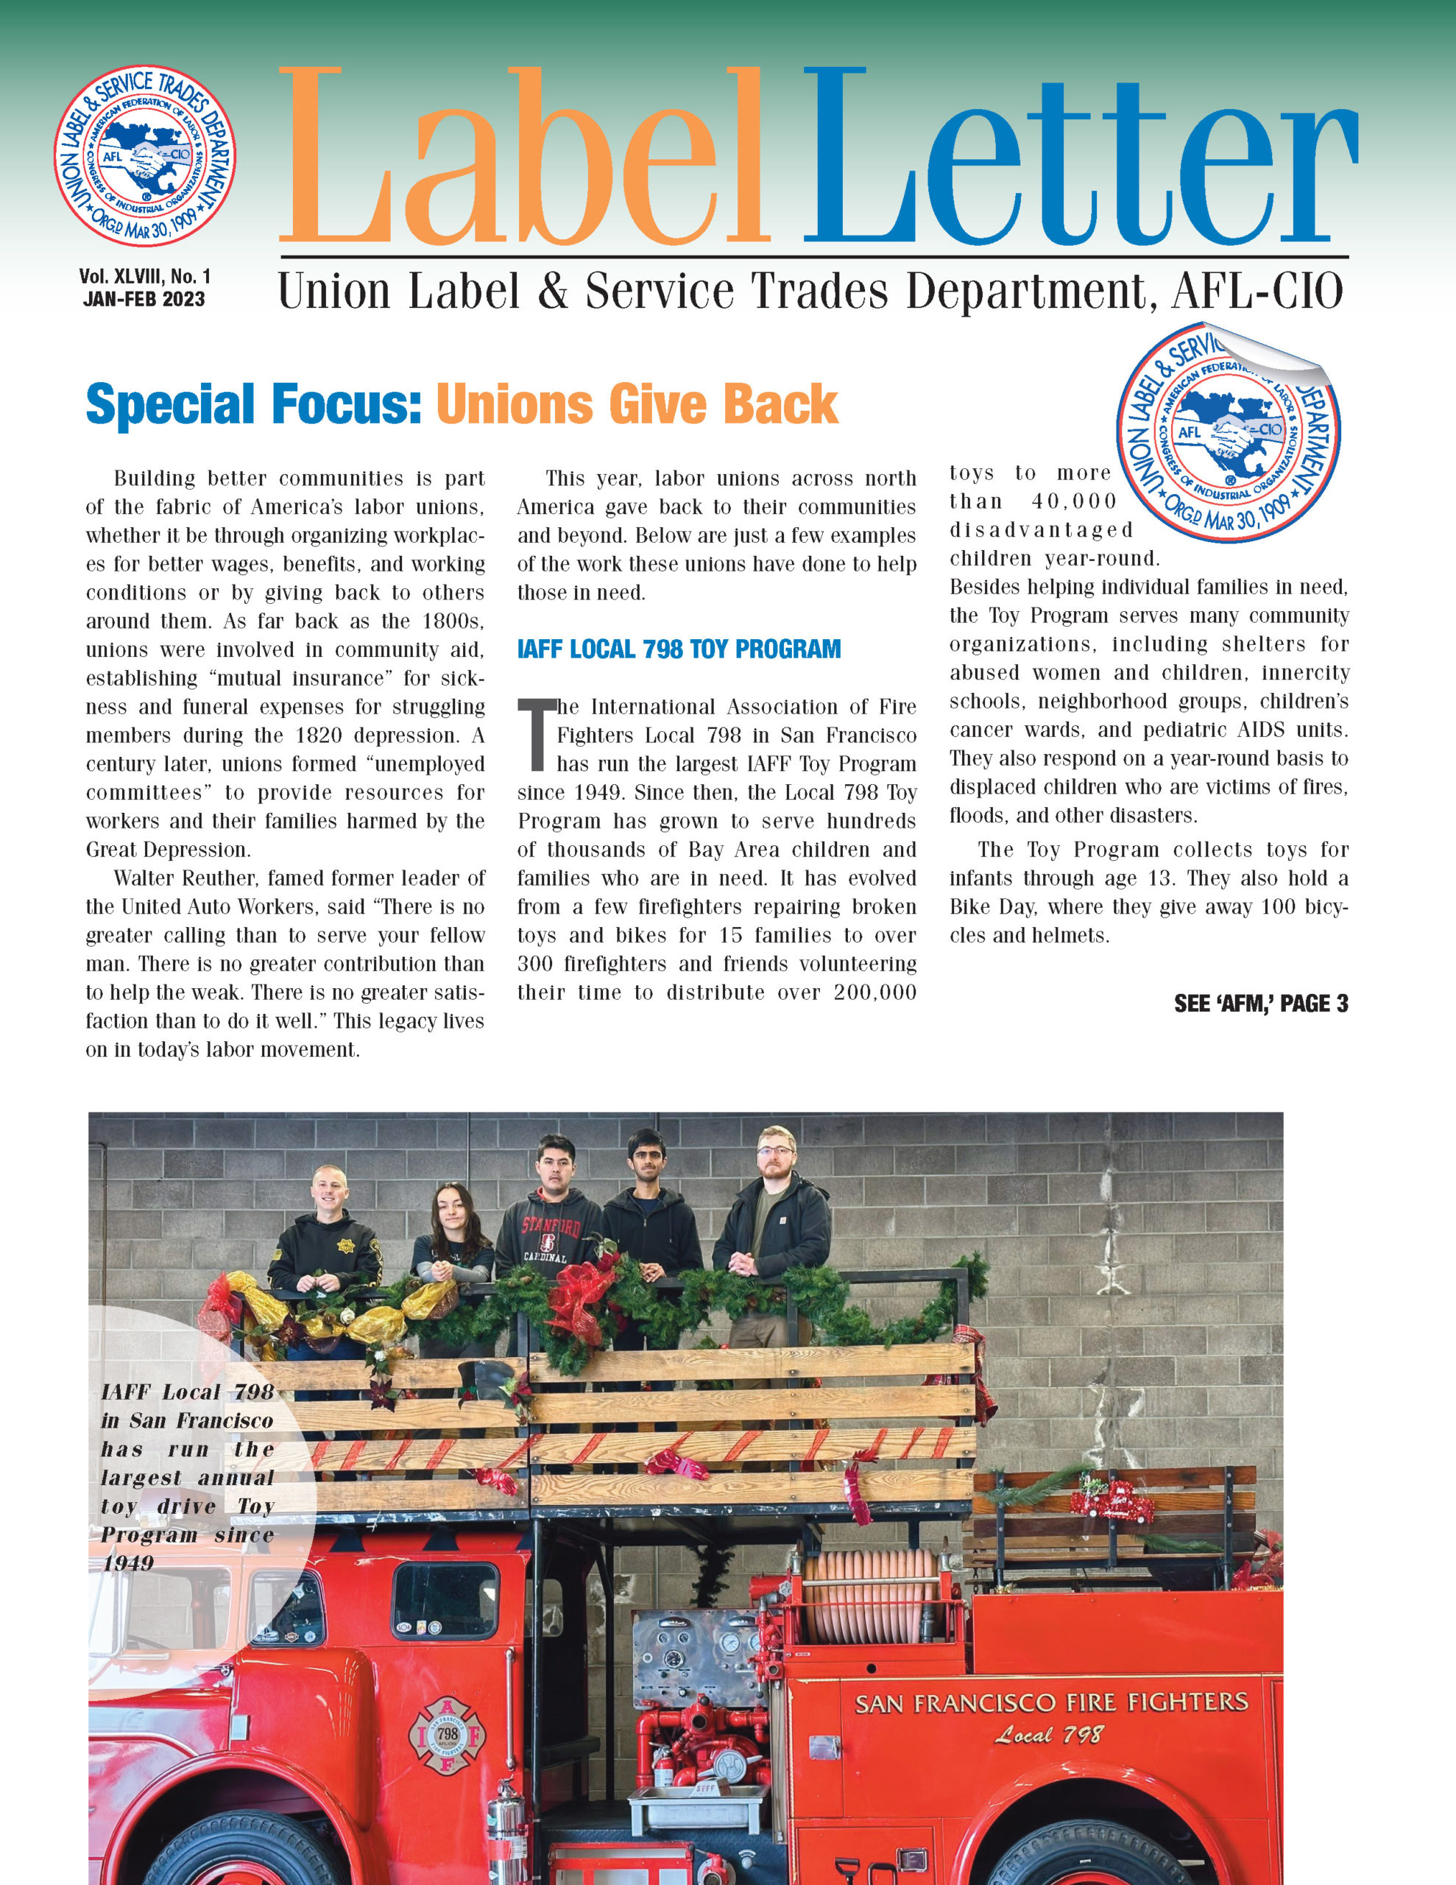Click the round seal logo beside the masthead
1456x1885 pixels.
click(x=145, y=156)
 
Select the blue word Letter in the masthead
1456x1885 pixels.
click(x=1079, y=159)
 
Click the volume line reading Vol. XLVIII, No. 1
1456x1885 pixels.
click(x=145, y=276)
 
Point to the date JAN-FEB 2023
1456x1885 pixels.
click(x=144, y=300)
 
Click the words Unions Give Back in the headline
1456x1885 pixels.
click(x=637, y=404)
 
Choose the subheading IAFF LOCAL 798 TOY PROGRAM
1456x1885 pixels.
click(x=679, y=649)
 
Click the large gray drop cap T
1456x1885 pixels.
click(x=535, y=733)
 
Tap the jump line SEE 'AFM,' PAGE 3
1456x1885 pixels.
click(x=1260, y=1004)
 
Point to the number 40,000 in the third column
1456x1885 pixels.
click(x=1074, y=501)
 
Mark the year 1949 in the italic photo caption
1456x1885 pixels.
click(x=128, y=1563)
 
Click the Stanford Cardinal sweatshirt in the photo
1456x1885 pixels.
click(x=550, y=1240)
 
